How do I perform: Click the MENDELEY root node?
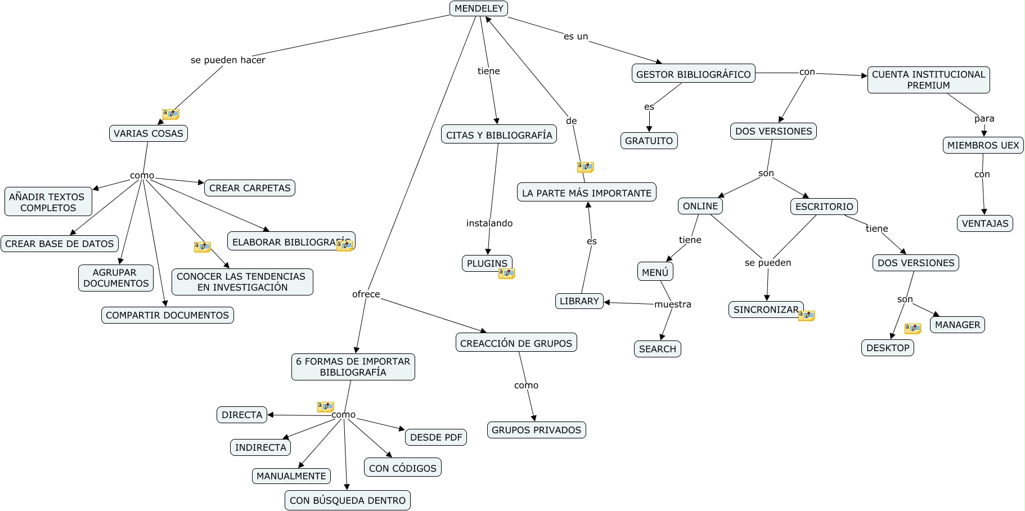pyautogui.click(x=479, y=8)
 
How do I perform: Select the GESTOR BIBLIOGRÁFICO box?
pyautogui.click(x=693, y=74)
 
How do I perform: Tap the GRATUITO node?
pyautogui.click(x=649, y=141)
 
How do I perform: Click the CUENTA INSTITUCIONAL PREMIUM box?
pyautogui.click(x=928, y=79)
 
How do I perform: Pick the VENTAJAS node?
pyautogui.click(x=984, y=223)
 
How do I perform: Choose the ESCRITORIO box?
pyautogui.click(x=824, y=207)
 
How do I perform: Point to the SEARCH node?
pyautogui.click(x=657, y=349)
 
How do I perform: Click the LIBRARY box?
pyautogui.click(x=579, y=301)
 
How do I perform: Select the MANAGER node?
pyautogui.click(x=957, y=325)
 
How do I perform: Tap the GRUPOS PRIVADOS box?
pyautogui.click(x=536, y=430)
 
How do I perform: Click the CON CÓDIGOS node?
pyautogui.click(x=402, y=468)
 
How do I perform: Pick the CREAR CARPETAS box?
pyautogui.click(x=250, y=188)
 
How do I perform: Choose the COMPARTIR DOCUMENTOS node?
pyautogui.click(x=167, y=315)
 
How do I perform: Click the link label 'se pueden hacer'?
pyautogui.click(x=228, y=60)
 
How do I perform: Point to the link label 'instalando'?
pyautogui.click(x=489, y=223)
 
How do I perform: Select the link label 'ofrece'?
pyautogui.click(x=366, y=294)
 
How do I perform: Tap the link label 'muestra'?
pyautogui.click(x=672, y=304)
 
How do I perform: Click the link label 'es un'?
pyautogui.click(x=576, y=37)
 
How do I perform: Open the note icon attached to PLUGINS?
pyautogui.click(x=506, y=274)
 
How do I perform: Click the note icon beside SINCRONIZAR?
pyautogui.click(x=806, y=316)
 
